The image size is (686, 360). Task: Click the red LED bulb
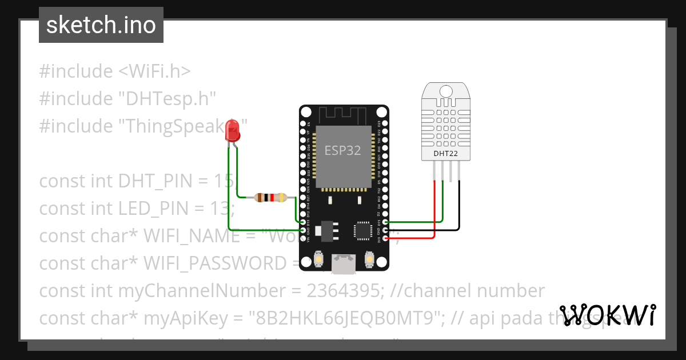[x=233, y=131]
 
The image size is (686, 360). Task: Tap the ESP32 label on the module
[x=343, y=150]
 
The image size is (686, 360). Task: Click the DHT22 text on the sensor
[x=446, y=153]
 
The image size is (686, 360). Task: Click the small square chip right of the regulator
[x=362, y=230]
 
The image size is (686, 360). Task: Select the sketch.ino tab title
[x=101, y=25]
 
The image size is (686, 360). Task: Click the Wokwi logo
[x=607, y=315]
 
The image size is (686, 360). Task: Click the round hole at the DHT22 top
[x=445, y=90]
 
